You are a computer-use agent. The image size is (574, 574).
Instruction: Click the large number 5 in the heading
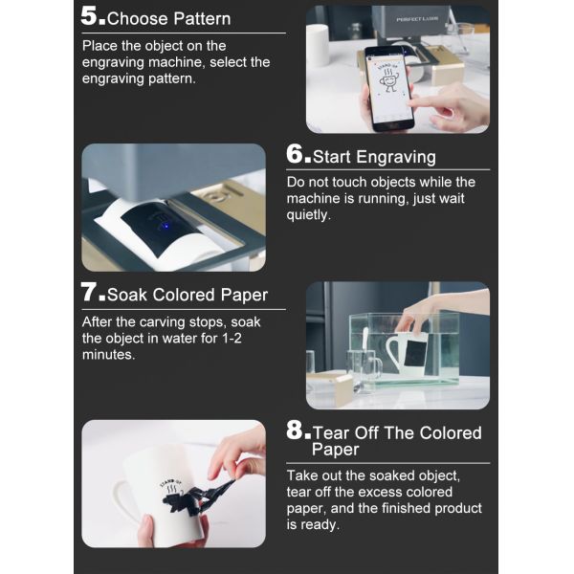89,16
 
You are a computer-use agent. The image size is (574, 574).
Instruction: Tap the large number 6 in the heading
295,154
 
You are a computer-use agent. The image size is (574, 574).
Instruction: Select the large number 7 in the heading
89,292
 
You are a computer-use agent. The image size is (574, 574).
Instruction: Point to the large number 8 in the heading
295,430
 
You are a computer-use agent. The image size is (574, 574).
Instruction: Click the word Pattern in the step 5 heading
202,19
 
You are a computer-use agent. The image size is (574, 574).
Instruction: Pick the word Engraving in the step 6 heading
396,157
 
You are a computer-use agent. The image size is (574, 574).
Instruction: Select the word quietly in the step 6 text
308,215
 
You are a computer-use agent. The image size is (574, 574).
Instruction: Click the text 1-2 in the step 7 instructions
232,338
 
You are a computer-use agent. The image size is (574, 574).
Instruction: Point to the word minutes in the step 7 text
108,354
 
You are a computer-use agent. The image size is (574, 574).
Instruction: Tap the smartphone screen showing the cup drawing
391,87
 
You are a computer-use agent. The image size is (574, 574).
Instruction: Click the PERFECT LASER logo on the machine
417,19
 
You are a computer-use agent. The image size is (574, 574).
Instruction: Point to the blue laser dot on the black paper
166,226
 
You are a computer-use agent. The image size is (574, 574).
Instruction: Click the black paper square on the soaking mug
415,354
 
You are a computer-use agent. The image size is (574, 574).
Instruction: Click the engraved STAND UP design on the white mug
171,488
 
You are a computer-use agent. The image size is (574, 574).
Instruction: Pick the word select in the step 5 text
229,62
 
